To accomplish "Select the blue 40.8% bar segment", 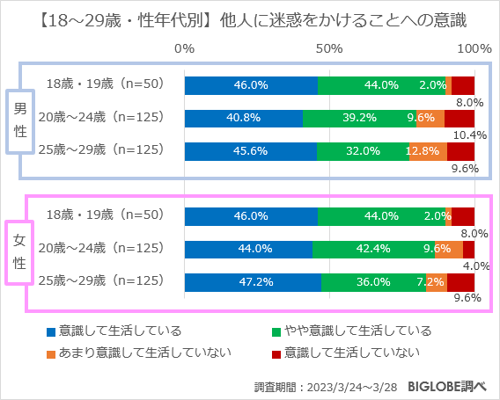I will (x=243, y=118).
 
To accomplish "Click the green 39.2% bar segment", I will (x=359, y=118).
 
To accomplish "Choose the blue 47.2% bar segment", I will (x=253, y=282).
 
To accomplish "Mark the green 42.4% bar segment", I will (x=373, y=250).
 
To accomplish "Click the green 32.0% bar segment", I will (x=363, y=150).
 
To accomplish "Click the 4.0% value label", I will (x=475, y=265).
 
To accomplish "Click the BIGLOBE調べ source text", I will (x=451, y=385).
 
